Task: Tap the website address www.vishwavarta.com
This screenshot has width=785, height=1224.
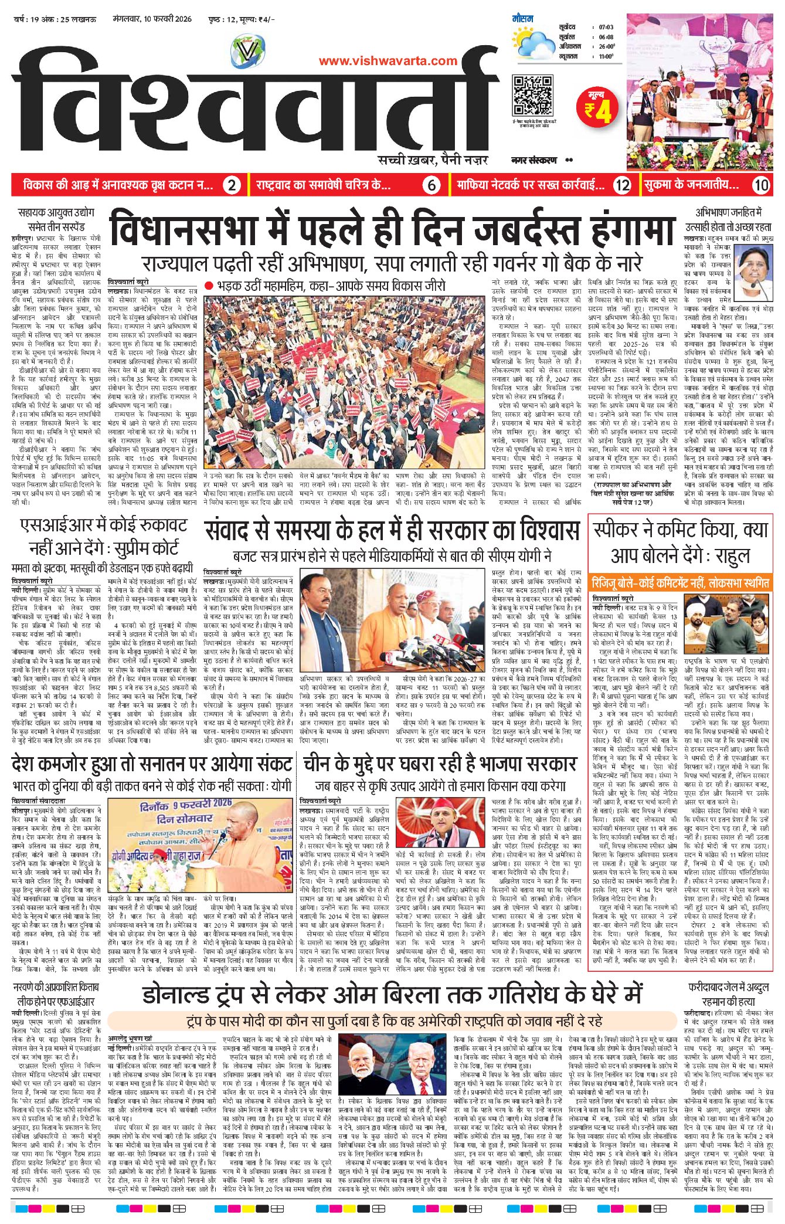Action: coord(388,60)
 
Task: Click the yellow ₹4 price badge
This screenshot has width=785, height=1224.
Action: coord(598,107)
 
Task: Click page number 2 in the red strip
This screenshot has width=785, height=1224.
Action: coord(232,185)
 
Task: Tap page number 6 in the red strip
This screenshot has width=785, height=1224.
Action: coord(431,185)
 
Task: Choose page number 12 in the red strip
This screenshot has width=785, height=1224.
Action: coord(622,185)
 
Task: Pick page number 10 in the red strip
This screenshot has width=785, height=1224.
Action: coord(760,185)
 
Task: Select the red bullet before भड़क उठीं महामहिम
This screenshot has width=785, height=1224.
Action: coord(209,286)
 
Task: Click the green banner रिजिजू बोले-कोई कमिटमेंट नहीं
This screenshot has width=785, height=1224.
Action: coord(680,583)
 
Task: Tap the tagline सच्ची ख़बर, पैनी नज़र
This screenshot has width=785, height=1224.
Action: coord(433,160)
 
